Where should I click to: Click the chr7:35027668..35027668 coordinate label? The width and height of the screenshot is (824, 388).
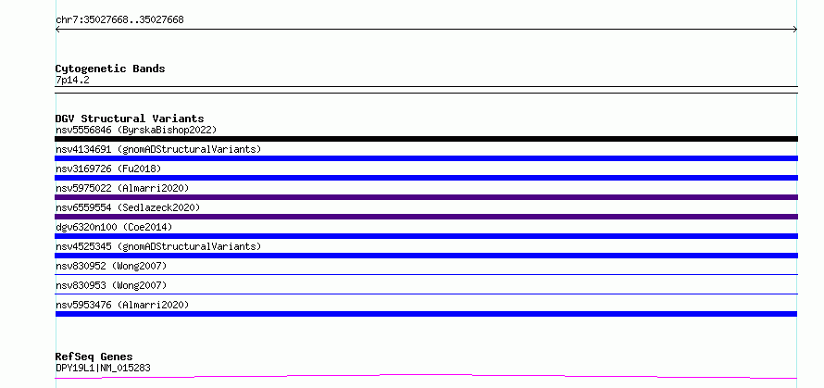119,20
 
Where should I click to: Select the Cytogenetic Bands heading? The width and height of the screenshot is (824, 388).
110,69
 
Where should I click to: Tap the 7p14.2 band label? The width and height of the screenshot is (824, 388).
72,81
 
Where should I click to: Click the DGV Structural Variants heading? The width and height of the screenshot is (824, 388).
130,119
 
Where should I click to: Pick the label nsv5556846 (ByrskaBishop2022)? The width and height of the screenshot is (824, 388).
136,130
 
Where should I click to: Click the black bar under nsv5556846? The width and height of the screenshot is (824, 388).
426,139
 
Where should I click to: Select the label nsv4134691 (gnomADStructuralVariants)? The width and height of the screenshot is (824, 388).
158,149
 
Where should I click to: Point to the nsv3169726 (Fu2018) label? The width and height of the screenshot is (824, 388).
108,169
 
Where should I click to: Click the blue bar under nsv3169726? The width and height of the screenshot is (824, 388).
426,178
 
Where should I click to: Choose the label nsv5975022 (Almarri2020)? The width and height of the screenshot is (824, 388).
122,188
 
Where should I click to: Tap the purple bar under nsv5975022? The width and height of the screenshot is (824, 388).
426,197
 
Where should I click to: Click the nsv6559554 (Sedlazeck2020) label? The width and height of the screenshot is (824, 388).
128,207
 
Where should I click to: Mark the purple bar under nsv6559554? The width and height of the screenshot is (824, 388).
426,217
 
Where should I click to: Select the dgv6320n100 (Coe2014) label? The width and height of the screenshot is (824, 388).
114,227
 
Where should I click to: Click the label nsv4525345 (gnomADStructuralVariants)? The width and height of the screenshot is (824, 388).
158,246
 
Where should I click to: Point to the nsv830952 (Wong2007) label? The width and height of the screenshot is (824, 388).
111,266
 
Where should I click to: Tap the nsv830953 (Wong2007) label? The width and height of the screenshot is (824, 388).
111,285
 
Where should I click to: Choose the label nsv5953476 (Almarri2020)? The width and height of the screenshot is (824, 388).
122,305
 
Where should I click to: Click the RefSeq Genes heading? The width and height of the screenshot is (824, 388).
94,357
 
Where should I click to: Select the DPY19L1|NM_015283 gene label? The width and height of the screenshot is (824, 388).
103,368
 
